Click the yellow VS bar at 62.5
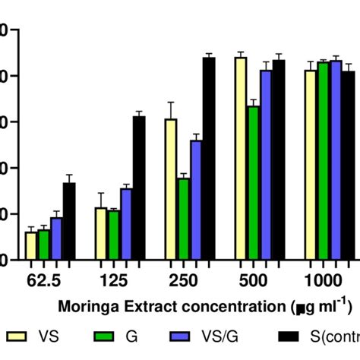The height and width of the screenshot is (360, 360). click(x=31, y=245)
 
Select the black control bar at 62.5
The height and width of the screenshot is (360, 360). click(x=69, y=221)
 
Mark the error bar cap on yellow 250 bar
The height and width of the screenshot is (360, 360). click(x=171, y=102)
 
